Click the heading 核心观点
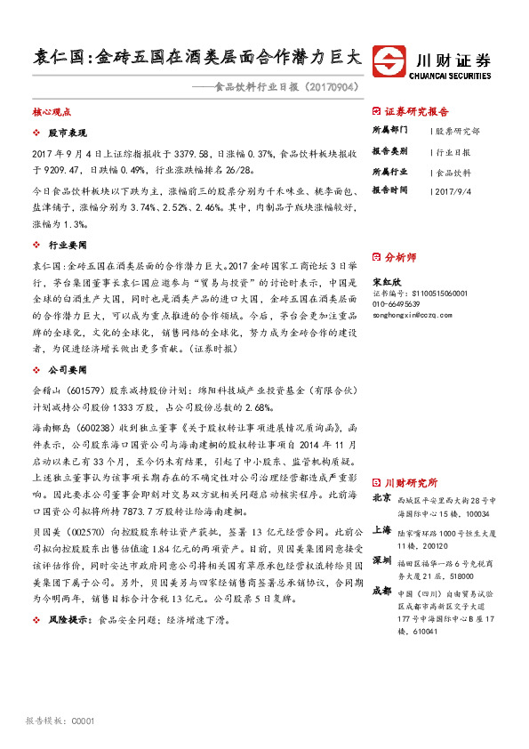coord(51,113)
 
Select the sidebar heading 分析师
coord(400,257)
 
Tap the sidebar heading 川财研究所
coord(410,481)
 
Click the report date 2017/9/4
coord(456,189)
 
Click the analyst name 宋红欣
coord(384,280)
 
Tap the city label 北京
coord(381,498)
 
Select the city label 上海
coord(381,528)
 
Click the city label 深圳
coord(381,560)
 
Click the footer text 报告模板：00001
coord(60,721)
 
